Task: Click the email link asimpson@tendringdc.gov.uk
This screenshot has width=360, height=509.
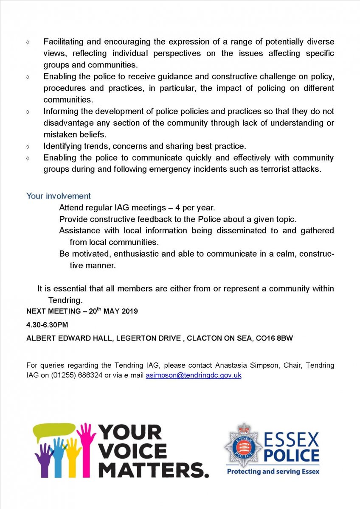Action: pyautogui.click(x=193, y=375)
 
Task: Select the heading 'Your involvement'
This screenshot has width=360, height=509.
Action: pyautogui.click(x=59, y=196)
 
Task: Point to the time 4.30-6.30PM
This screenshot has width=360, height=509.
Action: pyautogui.click(x=47, y=325)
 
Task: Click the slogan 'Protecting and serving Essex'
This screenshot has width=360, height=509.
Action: pyautogui.click(x=273, y=471)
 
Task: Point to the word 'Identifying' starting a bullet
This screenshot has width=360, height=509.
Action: pyautogui.click(x=62, y=146)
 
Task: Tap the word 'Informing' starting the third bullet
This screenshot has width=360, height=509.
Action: pyautogui.click(x=60, y=112)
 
